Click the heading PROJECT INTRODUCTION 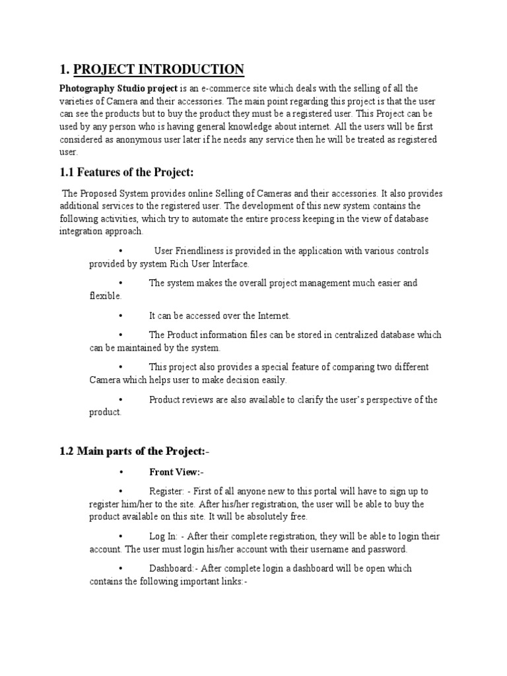click(x=159, y=69)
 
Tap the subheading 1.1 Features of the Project click(x=126, y=173)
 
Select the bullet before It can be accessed click(x=121, y=316)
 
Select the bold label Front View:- click(x=176, y=472)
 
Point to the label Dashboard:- click(x=173, y=568)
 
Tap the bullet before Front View click(x=121, y=472)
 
